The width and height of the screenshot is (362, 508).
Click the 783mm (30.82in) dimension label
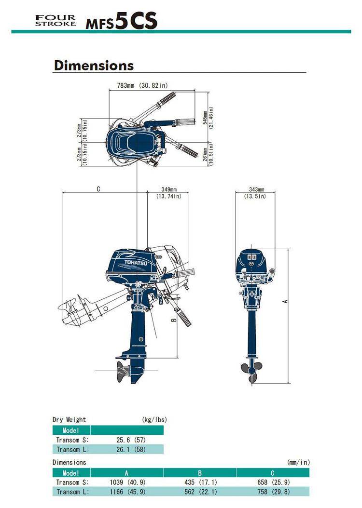tap(142, 85)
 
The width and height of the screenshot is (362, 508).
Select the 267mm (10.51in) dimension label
tap(208, 155)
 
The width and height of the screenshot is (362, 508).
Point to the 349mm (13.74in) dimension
tap(168, 193)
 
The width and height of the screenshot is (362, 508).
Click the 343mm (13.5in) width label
tap(256, 193)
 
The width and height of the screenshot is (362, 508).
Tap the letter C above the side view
tap(98, 189)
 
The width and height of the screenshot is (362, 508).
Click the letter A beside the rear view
tap(285, 301)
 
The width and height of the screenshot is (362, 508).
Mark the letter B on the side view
tap(174, 320)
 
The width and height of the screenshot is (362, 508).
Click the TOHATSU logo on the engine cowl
tap(136, 263)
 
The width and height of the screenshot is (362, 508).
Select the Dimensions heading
tap(94, 66)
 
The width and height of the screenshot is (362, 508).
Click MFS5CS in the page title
tap(121, 21)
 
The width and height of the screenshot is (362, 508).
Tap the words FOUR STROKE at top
tap(56, 20)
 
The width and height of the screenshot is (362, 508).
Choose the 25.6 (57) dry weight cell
tap(131, 440)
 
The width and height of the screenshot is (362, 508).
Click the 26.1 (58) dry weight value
tap(131, 449)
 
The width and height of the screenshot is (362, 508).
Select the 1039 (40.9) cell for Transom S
tap(127, 482)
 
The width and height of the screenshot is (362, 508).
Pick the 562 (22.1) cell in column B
tap(200, 492)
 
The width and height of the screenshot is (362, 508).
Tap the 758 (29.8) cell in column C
tap(274, 492)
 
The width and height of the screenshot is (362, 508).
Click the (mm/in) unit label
tap(298, 463)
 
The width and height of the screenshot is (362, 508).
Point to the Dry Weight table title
tap(69, 420)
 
